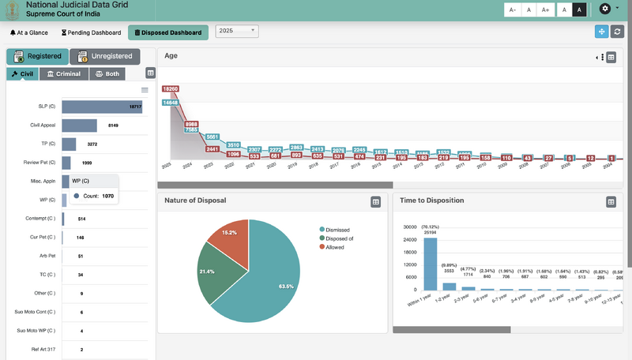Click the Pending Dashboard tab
point(91,32)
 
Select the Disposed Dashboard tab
point(168,32)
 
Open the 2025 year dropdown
point(237,31)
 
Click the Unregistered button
point(105,57)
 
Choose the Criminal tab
point(62,73)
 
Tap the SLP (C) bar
point(102,106)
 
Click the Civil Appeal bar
point(79,126)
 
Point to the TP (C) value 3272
point(92,144)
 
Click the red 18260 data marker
point(171,90)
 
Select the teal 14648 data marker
point(171,102)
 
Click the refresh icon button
point(618,31)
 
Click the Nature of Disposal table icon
point(376,202)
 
